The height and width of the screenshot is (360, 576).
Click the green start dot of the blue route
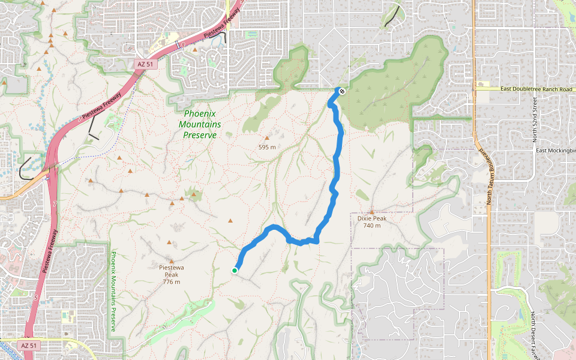pyautogui.click(x=235, y=271)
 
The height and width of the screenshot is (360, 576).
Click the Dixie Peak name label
pyautogui.click(x=372, y=218)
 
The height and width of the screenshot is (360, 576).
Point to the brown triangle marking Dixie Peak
pyautogui.click(x=372, y=212)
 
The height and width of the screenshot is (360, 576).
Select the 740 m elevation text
pyautogui.click(x=372, y=226)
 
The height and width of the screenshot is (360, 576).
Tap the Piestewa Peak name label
pyautogui.click(x=171, y=268)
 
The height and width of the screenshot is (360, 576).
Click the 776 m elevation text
pyautogui.click(x=171, y=281)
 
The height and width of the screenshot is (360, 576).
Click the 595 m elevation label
pyautogui.click(x=267, y=147)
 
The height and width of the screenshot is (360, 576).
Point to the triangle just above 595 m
pyautogui.click(x=267, y=138)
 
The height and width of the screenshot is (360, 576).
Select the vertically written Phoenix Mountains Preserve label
pyautogui.click(x=113, y=292)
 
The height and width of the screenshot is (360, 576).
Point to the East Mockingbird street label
pyautogui.click(x=556, y=151)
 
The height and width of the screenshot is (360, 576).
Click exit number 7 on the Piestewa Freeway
pyautogui.click(x=54, y=205)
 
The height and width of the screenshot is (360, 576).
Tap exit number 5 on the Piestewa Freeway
pyautogui.click(x=36, y=298)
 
